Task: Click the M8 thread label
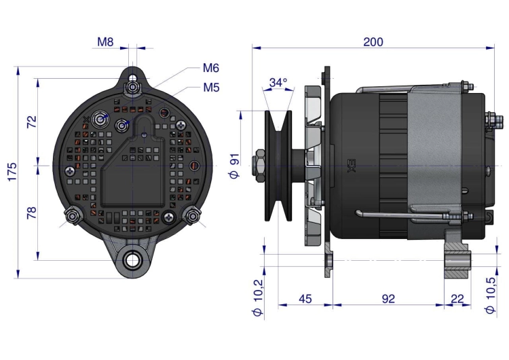pos(105,42)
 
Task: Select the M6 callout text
pos(210,68)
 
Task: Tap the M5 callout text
pos(210,87)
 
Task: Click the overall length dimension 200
pos(373,41)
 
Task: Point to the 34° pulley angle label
pos(278,82)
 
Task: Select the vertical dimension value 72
pos(31,122)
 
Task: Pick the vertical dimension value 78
pos(31,213)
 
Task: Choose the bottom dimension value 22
pos(457,298)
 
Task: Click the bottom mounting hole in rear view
pos(132,259)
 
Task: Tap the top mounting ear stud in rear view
pos(133,86)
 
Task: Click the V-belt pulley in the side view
pos(278,165)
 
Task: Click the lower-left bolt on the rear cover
pos(72,217)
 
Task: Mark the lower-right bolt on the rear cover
pos(193,217)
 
